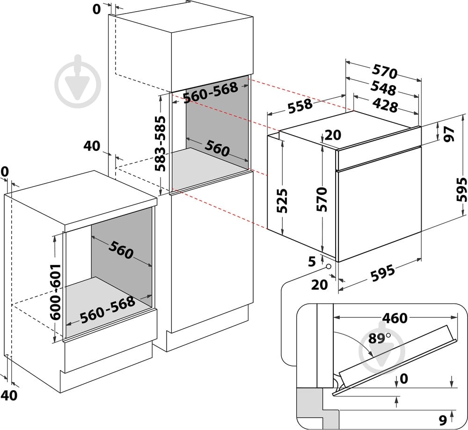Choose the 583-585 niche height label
160,143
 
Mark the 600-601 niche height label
55,292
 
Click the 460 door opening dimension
395,318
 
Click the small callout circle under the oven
329,266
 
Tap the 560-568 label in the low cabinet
107,310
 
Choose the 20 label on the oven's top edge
333,135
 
